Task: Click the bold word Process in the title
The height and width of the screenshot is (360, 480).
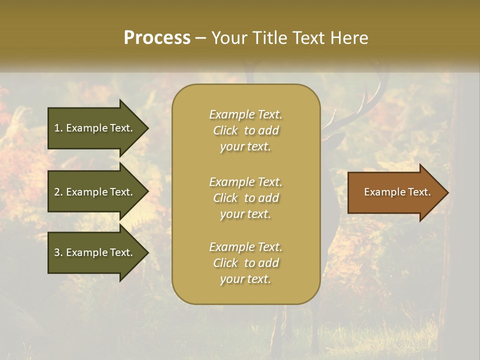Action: (157, 37)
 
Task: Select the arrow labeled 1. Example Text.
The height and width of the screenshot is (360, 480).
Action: (95, 128)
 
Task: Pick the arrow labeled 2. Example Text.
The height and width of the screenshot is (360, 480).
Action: (95, 192)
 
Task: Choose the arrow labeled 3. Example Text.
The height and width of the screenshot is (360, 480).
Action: (95, 252)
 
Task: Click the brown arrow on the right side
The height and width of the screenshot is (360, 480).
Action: (395, 192)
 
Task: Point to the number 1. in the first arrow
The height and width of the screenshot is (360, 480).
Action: (58, 128)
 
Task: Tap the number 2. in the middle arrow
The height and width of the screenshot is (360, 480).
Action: (58, 192)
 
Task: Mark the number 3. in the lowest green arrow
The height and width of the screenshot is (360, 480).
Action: (58, 252)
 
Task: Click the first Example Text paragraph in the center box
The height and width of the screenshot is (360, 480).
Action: (245, 130)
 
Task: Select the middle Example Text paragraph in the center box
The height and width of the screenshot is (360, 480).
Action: (245, 198)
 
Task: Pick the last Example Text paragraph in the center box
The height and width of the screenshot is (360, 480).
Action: (245, 263)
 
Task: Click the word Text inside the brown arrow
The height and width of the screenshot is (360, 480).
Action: (420, 192)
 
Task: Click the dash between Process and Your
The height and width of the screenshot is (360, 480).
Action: (200, 38)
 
